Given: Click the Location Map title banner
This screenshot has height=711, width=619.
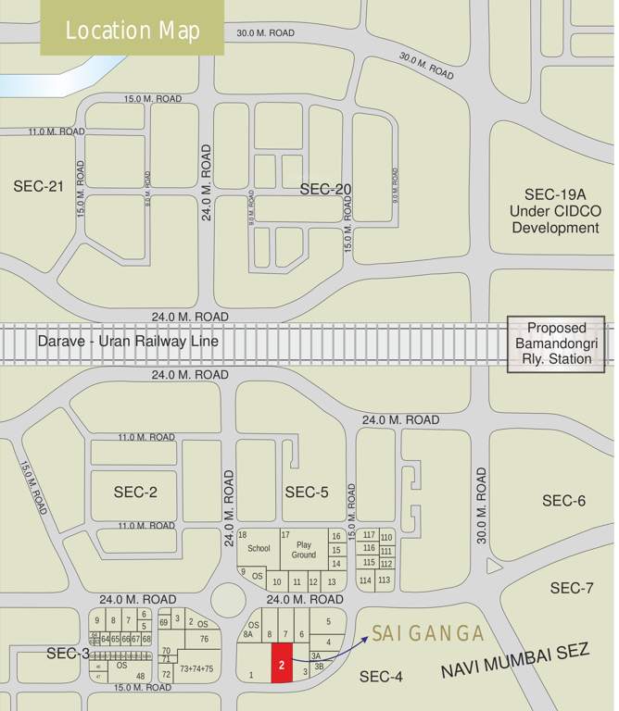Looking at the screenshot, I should [133, 30].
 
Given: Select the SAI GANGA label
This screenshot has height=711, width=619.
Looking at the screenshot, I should [428, 633].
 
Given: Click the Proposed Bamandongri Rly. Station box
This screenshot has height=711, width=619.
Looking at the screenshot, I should [556, 343].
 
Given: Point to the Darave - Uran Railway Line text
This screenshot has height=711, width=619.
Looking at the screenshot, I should [128, 342].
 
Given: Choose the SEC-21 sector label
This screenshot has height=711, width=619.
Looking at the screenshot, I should [38, 186].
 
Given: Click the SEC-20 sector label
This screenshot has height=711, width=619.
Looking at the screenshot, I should [326, 189].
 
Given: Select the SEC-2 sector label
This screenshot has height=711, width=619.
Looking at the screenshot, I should [135, 492].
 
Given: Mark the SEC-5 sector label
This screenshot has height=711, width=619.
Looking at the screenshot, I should [307, 492].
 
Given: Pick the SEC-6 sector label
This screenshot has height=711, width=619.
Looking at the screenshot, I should [563, 501].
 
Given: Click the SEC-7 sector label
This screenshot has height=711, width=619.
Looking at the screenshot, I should [572, 588].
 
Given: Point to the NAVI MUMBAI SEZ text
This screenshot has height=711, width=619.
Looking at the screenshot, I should [515, 660].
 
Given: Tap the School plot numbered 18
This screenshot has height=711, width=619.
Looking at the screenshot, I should [258, 548].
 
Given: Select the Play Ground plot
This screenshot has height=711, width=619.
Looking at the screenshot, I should [304, 549].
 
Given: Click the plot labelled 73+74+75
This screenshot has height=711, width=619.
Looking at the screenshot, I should [196, 668].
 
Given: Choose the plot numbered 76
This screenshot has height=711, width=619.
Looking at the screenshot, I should [204, 639].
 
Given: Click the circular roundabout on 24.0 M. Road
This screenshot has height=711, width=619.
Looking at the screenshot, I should [228, 600].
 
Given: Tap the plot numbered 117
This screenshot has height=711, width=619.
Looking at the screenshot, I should [368, 535].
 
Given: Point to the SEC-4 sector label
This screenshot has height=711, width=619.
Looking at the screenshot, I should [381, 677].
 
